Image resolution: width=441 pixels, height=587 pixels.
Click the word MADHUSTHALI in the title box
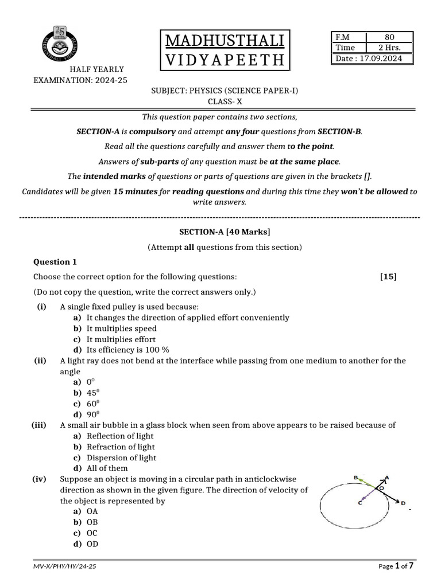tap(225, 42)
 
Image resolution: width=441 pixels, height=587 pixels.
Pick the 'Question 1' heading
tap(55, 262)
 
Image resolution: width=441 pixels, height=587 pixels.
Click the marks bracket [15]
tap(388, 277)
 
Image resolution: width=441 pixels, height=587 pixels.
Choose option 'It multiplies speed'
tap(121, 328)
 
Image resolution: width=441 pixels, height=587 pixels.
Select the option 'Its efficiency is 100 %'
tap(128, 350)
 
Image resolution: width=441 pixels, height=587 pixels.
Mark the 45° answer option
tap(93, 393)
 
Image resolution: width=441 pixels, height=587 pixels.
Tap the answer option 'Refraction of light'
tap(121, 447)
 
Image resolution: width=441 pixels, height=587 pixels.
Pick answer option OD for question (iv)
tap(92, 543)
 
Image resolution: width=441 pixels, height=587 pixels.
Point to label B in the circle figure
tap(356, 477)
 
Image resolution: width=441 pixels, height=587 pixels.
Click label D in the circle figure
tap(404, 503)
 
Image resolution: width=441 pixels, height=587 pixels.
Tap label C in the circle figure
tap(359, 503)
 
